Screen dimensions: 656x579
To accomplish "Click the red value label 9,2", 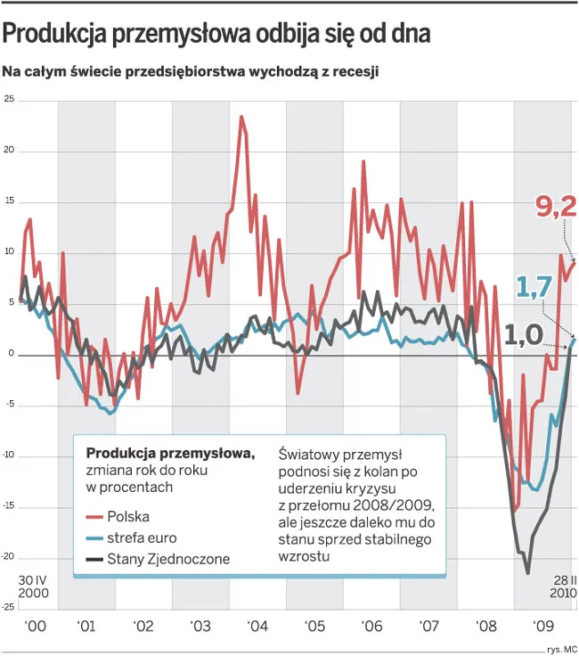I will [x=556, y=207].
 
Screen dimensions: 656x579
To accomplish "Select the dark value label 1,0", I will [x=523, y=335].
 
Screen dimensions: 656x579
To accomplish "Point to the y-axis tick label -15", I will [x=8, y=507].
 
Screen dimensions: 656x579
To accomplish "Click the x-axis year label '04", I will [x=257, y=626].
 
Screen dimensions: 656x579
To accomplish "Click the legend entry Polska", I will [x=128, y=516].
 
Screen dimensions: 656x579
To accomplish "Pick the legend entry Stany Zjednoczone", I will [x=168, y=559].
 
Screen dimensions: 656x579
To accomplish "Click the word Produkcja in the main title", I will [x=55, y=34].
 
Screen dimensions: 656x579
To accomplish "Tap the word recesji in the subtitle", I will [x=353, y=70].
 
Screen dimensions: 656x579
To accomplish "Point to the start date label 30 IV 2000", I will [x=33, y=586].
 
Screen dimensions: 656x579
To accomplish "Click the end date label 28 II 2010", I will [x=561, y=586].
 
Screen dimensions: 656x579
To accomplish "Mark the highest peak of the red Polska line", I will [x=241, y=117].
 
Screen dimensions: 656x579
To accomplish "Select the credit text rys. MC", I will [x=560, y=647].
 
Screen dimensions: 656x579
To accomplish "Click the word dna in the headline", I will [x=411, y=34].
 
